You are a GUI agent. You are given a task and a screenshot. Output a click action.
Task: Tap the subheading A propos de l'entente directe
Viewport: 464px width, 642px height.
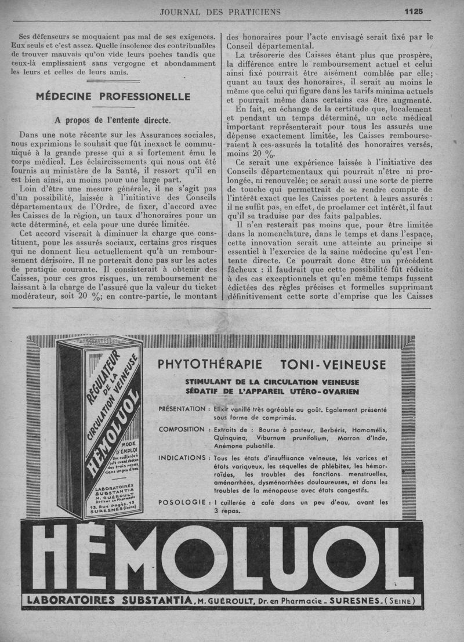click(x=113, y=121)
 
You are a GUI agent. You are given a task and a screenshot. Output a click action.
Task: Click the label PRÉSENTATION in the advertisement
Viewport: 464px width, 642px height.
click(x=182, y=409)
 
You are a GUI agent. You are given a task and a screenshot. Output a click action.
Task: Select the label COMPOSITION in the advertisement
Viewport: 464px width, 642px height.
click(x=182, y=430)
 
